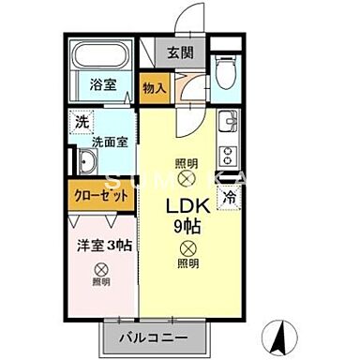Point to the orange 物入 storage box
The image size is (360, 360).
(x=155, y=88)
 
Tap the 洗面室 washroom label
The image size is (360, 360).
(x=109, y=142)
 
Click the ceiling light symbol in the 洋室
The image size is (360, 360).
(x=100, y=267)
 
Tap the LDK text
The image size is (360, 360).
(x=187, y=206)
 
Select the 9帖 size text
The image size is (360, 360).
(x=187, y=227)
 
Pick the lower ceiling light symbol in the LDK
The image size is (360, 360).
(x=187, y=248)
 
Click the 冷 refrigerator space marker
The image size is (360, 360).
(x=228, y=197)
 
